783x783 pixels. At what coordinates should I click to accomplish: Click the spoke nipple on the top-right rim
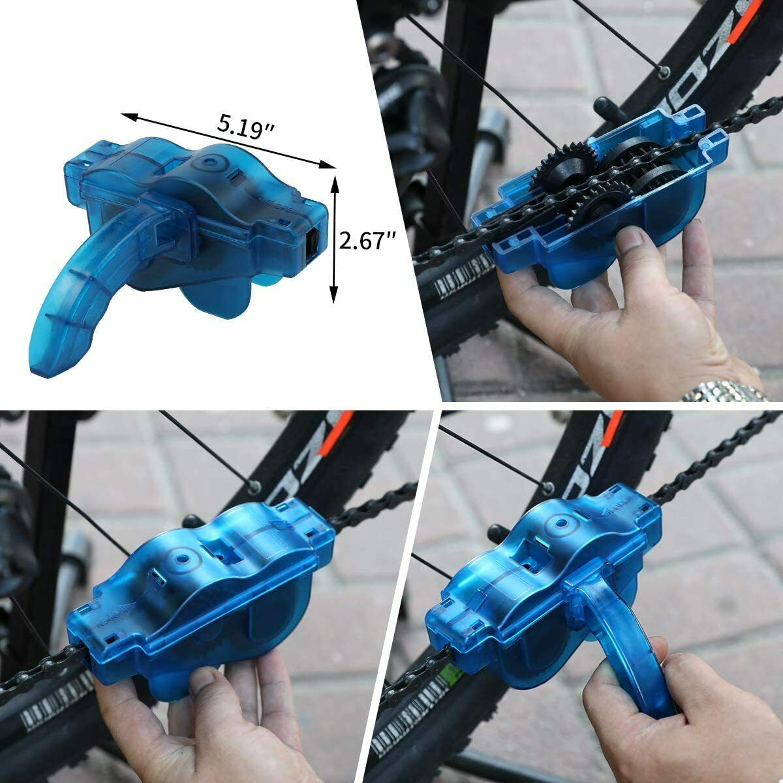tap(664, 70)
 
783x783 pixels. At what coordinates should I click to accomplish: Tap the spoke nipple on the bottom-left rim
tap(253, 485)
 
